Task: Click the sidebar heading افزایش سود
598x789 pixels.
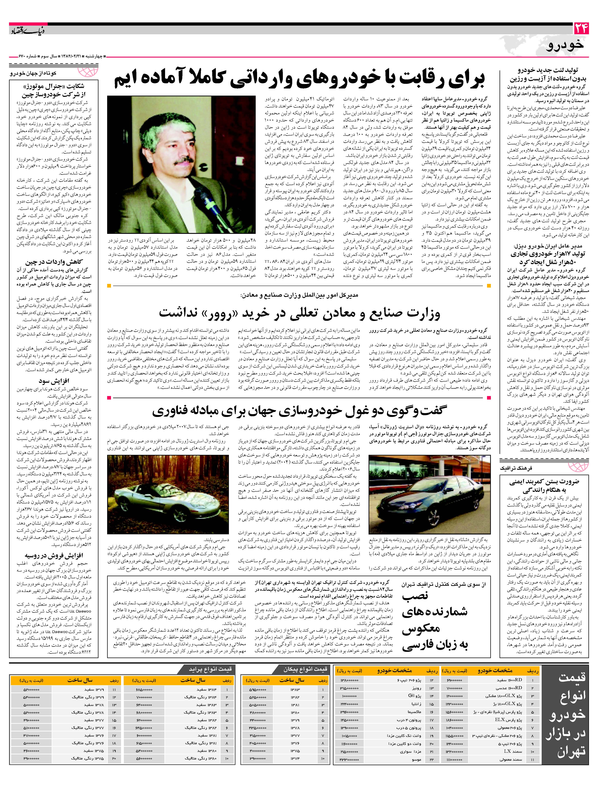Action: click(55, 381)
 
